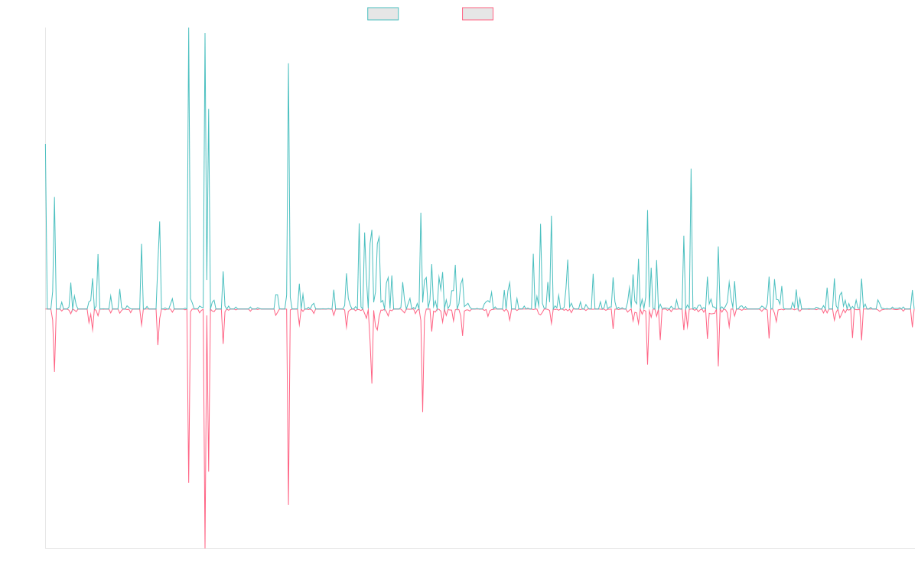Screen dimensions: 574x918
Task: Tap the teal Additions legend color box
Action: click(383, 14)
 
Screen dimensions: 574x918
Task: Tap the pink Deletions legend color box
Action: click(479, 14)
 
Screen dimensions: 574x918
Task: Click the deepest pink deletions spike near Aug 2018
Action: click(205, 548)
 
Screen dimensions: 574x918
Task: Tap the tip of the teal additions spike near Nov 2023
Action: click(691, 169)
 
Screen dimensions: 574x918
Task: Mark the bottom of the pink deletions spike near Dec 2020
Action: click(422, 413)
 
